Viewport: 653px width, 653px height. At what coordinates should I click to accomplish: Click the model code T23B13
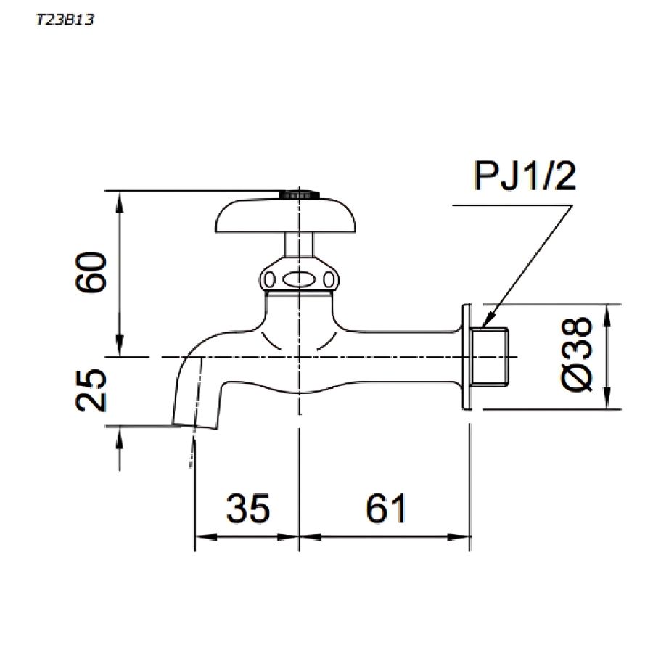[x=65, y=20]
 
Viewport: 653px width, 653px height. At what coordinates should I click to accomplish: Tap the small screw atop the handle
[x=299, y=194]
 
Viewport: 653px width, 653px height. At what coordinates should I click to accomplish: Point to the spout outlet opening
[x=194, y=425]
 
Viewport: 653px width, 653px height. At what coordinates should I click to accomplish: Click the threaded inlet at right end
[x=493, y=357]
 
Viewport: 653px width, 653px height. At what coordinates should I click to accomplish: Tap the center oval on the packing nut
[x=299, y=279]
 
